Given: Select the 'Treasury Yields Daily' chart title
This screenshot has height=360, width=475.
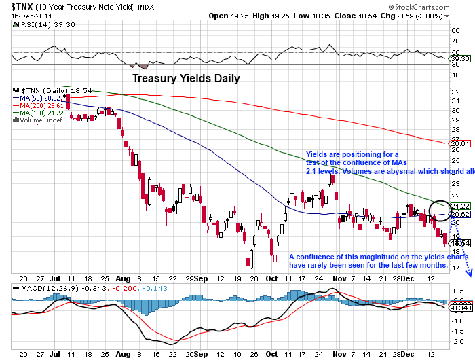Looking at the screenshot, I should tap(185, 78).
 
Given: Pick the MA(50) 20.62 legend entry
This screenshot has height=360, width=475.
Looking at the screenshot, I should tap(42, 98).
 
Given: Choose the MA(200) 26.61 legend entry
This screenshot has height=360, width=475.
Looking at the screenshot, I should tap(43, 105).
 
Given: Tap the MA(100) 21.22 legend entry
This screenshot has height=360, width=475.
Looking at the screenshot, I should tap(43, 113).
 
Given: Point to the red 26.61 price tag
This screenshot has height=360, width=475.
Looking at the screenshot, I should tap(460, 143).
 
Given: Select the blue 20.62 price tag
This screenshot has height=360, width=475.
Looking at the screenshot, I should tap(460, 215).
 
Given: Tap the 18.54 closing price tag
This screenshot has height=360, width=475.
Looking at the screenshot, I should tap(460, 243).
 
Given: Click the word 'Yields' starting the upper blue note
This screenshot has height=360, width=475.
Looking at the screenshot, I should tap(318, 155).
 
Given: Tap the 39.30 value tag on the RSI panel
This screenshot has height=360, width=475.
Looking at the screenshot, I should tap(460, 59).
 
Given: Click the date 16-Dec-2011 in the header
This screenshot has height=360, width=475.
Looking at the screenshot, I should tap(25, 15).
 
